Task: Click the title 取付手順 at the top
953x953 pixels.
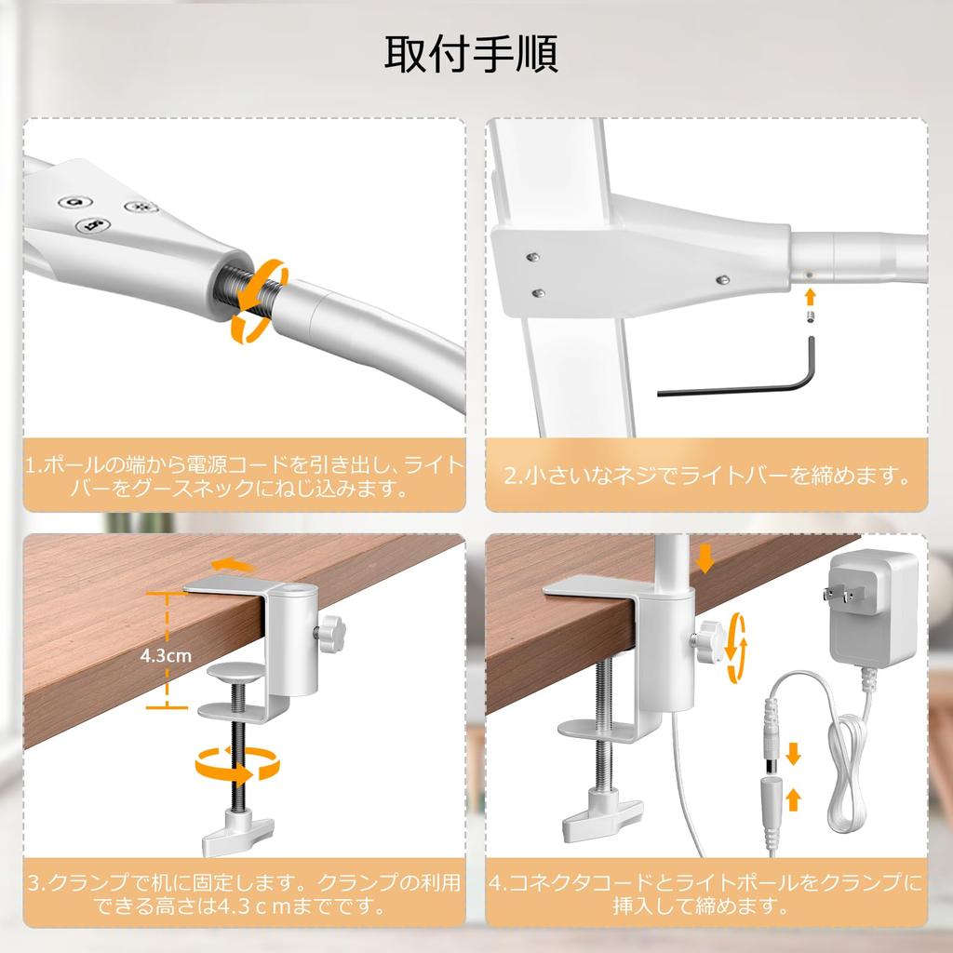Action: [x=471, y=54]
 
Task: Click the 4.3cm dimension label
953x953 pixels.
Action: [x=166, y=655]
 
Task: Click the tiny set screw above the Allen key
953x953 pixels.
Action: [x=810, y=316]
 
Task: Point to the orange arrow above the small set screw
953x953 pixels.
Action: [x=809, y=297]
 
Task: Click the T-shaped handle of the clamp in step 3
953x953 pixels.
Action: [x=237, y=830]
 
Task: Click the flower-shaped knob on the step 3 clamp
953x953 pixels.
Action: [x=332, y=633]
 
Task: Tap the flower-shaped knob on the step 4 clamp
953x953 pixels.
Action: [x=709, y=642]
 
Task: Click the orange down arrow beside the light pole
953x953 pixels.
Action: [x=705, y=558]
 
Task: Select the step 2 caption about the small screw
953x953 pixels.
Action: [x=707, y=475]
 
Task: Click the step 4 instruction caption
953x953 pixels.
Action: [x=706, y=893]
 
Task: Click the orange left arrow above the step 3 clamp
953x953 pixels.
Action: [x=233, y=567]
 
